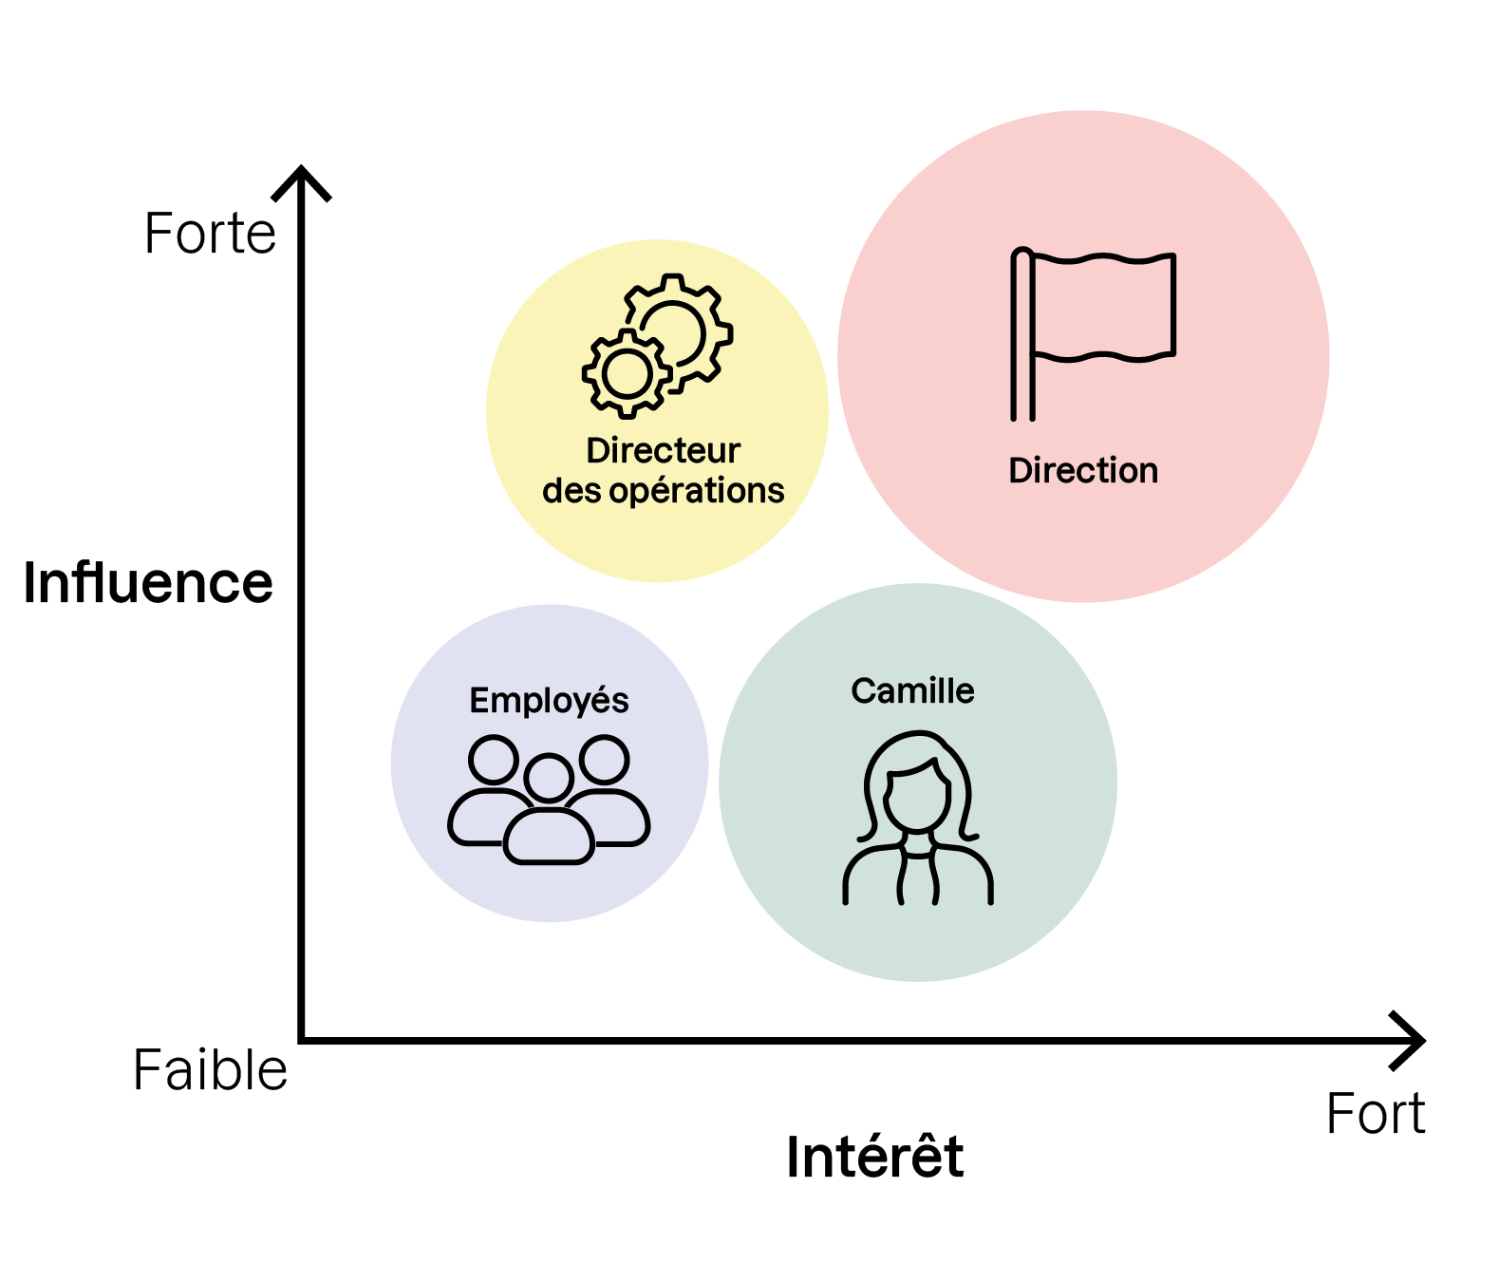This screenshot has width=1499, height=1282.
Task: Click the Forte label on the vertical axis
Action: click(x=210, y=234)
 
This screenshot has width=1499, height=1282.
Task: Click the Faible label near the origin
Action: click(x=210, y=1070)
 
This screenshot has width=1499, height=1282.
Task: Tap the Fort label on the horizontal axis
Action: click(x=1376, y=1114)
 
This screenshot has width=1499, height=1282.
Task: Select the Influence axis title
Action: click(x=148, y=582)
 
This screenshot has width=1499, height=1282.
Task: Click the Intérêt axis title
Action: click(x=874, y=1157)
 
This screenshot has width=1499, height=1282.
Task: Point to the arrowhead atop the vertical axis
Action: click(x=301, y=180)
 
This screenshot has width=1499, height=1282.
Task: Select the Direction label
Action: click(x=1083, y=471)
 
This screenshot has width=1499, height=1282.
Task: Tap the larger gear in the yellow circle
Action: click(x=676, y=330)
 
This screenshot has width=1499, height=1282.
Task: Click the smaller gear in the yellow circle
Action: click(x=627, y=373)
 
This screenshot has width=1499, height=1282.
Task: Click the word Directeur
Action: click(x=663, y=450)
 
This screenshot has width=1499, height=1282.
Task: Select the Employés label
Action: click(x=549, y=701)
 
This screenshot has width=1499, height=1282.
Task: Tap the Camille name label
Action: click(x=912, y=691)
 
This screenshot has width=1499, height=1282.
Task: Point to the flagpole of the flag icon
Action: click(x=1022, y=337)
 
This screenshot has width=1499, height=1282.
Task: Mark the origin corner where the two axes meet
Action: click(x=302, y=1040)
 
